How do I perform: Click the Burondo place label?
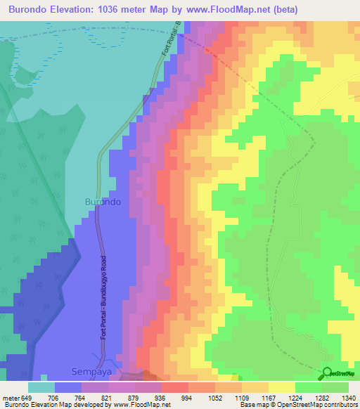pos(103,202)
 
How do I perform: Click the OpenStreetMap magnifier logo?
pos(327,373)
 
